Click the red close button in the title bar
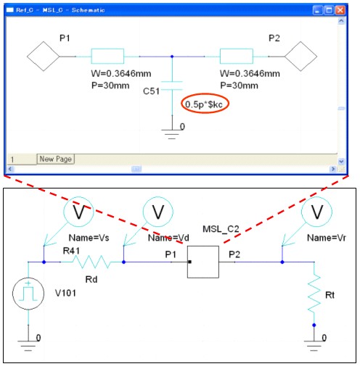click(x=340, y=10)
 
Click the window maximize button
click(x=329, y=10)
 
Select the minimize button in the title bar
click(x=318, y=10)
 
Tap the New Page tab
click(x=55, y=159)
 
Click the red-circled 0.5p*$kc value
click(x=204, y=104)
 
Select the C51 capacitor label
click(x=151, y=91)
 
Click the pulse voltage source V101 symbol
click(x=28, y=294)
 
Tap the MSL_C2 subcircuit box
click(x=203, y=262)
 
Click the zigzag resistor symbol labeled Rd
click(x=91, y=262)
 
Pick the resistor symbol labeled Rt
click(x=314, y=293)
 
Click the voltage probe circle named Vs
click(x=78, y=212)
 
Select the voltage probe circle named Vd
click(x=158, y=212)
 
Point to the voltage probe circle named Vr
click(x=316, y=212)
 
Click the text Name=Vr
click(x=327, y=238)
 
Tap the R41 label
click(x=71, y=251)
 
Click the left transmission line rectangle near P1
click(x=107, y=57)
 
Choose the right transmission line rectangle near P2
click(x=237, y=57)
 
